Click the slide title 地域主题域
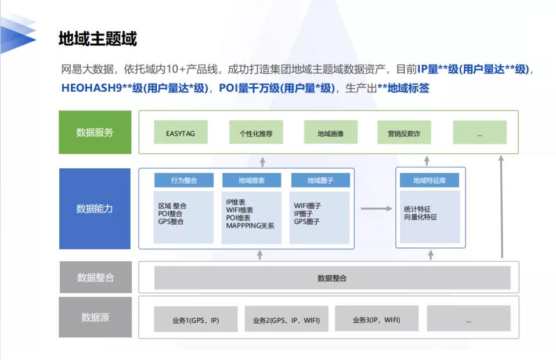(98, 39)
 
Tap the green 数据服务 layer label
(95, 132)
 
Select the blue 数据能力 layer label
(95, 208)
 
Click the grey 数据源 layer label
(95, 317)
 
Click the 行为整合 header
(183, 180)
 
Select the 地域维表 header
(251, 180)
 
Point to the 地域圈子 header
(320, 180)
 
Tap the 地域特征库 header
(429, 180)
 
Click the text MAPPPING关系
(250, 226)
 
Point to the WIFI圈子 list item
(307, 206)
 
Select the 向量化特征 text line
(421, 217)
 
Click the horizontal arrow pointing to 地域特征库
(377, 208)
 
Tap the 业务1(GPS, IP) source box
(196, 319)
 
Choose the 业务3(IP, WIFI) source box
(377, 319)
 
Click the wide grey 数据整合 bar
(332, 278)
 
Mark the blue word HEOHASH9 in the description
(92, 88)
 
